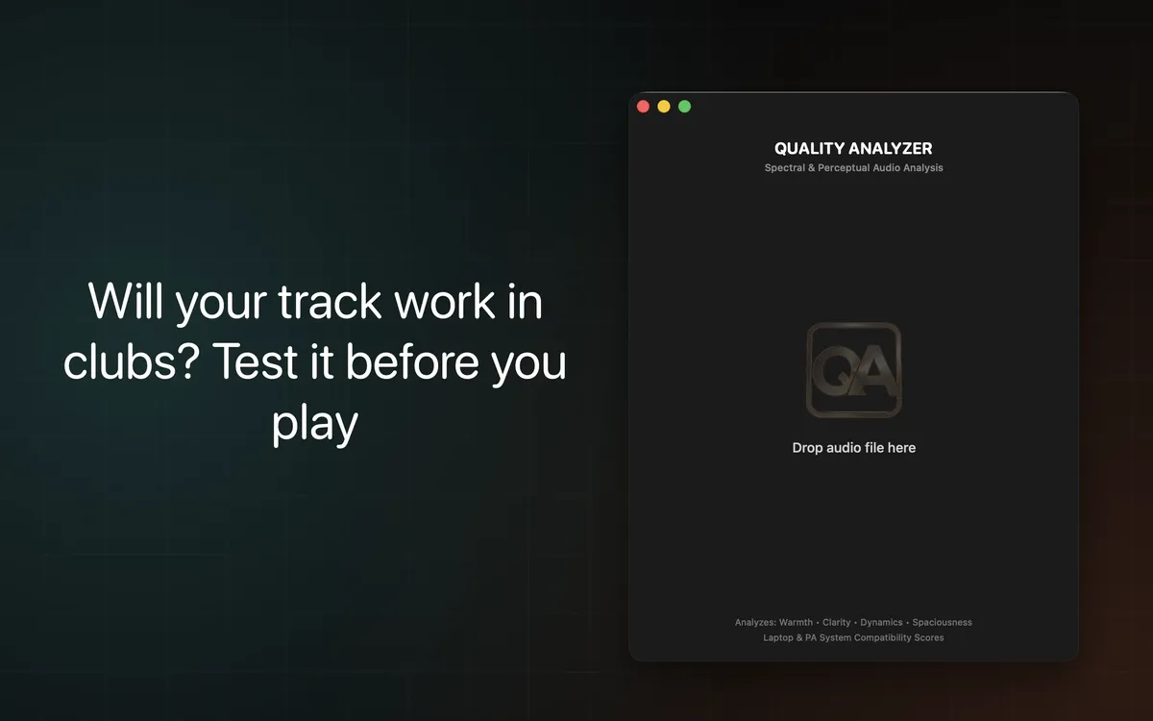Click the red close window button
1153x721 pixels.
643,107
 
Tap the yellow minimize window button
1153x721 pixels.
664,107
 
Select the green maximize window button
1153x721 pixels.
685,107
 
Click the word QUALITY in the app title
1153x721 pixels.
810,149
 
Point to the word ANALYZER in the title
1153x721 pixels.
891,149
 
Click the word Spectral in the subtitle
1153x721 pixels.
785,168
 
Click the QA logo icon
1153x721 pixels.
853,370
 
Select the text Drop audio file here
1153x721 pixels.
853,448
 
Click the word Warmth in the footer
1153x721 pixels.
796,623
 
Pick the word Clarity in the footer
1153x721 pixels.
837,623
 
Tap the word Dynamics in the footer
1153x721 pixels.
881,623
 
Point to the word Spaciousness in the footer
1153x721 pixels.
942,623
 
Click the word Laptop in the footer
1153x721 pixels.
778,637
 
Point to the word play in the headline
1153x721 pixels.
314,424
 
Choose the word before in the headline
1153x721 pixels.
414,363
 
